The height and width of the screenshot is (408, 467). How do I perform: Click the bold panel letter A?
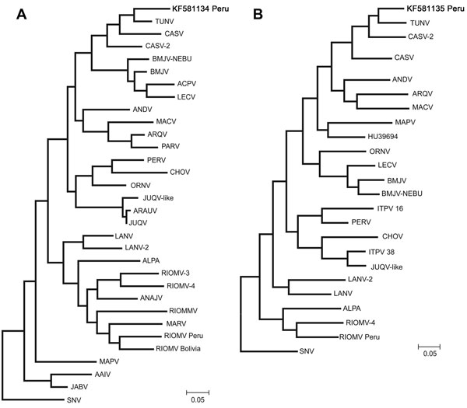click(x=22, y=14)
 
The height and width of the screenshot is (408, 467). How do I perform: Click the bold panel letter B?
click(x=258, y=14)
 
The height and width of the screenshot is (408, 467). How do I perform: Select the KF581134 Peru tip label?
click(x=201, y=9)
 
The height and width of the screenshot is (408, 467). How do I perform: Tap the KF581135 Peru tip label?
click(x=435, y=9)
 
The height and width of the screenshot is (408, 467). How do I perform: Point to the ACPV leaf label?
click(x=187, y=84)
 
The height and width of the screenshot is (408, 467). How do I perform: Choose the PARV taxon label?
click(x=170, y=146)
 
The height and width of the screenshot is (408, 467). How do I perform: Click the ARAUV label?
click(x=145, y=211)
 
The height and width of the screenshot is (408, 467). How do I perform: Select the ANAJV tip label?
click(x=151, y=298)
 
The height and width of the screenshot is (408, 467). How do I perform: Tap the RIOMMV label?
click(x=183, y=311)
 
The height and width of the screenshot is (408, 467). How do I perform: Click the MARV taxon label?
click(x=176, y=323)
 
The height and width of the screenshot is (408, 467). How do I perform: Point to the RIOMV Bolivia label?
click(x=178, y=348)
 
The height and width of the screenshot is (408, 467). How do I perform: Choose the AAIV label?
click(x=103, y=375)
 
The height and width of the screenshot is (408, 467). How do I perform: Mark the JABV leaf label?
click(x=79, y=387)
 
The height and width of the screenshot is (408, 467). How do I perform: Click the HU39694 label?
click(x=383, y=137)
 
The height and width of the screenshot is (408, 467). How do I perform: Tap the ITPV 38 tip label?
click(x=381, y=252)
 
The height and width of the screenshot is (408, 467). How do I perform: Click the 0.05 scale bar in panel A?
click(x=198, y=392)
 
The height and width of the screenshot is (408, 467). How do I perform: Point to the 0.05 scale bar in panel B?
click(x=429, y=347)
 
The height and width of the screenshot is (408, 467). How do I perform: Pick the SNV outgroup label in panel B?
click(x=307, y=351)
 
